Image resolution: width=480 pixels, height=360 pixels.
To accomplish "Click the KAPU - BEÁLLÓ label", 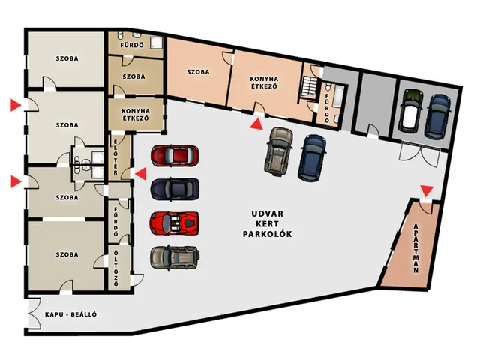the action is pos(71,314).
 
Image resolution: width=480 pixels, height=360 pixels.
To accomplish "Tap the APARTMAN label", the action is pos(415,248).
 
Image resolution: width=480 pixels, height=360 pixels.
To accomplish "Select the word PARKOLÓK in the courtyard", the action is pos(267,234).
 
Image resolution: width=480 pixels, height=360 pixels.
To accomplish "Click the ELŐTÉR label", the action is pos(115,157).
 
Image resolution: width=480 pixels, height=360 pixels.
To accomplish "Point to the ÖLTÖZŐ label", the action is pos(115,268).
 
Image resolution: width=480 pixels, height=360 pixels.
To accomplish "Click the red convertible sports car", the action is pos(175,223).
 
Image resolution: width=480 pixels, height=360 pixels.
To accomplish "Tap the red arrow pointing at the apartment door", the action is pos(427,191).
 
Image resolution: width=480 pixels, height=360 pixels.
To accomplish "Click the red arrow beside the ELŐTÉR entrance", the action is pos(141,174).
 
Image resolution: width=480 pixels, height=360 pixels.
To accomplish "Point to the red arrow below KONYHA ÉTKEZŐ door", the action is pos(256,124).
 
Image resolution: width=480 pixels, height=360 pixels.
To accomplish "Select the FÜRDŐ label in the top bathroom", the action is pos(132,45).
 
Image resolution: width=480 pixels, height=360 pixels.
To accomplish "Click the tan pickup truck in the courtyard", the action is pos(278,152).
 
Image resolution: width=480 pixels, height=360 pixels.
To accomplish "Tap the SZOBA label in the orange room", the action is pos(198,72).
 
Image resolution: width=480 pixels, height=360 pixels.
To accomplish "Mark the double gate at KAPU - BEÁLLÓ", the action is pos(34,313).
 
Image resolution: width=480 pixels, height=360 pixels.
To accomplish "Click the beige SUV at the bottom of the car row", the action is pos(175,258).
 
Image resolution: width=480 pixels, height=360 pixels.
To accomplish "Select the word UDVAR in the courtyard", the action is pos(267,214).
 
